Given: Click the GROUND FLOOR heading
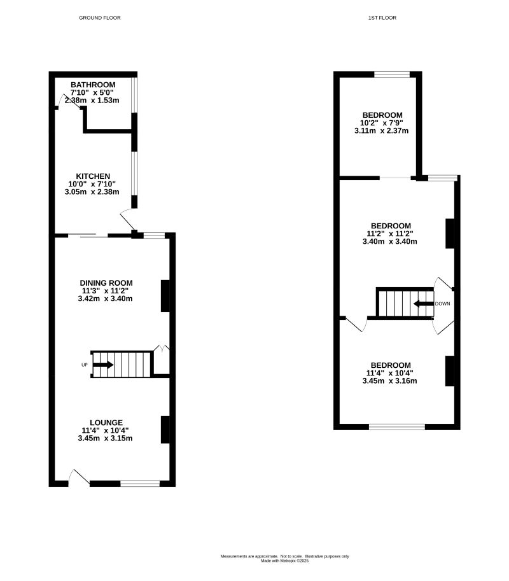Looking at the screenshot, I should point(99,18).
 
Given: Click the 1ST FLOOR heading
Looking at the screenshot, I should point(382,18).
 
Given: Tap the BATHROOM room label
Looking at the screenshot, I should point(93,85).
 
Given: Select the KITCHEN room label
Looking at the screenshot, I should point(94,176).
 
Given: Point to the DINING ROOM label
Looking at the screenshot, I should point(106,283).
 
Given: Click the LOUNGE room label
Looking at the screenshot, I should point(106,423).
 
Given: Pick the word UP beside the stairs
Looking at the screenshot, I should point(84,365).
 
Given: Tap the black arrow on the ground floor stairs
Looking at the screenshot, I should point(103,365).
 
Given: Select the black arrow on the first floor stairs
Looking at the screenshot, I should point(422,304).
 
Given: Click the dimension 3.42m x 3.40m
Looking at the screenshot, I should point(106,298).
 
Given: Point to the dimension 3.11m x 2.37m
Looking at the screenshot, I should point(381,130).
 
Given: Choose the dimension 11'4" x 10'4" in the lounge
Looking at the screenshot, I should point(106,430).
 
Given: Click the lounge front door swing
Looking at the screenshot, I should point(79,477).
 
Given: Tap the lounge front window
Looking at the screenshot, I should point(140,484).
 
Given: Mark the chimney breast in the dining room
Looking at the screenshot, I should point(165,296).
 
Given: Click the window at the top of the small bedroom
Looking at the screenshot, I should point(391,74).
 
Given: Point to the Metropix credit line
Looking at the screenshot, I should point(284,561).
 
